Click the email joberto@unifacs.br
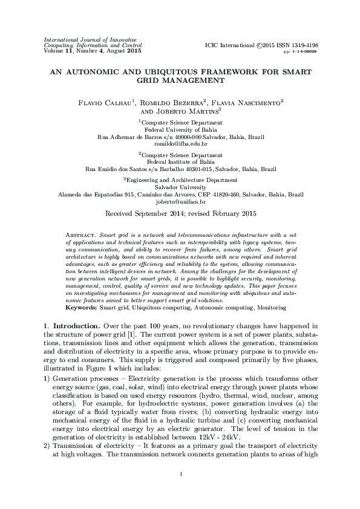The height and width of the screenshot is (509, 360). (x=180, y=203)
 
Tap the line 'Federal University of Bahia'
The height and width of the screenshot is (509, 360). (x=180, y=129)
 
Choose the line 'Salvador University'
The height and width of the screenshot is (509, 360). (x=180, y=187)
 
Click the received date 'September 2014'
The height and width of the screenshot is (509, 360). (x=165, y=214)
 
